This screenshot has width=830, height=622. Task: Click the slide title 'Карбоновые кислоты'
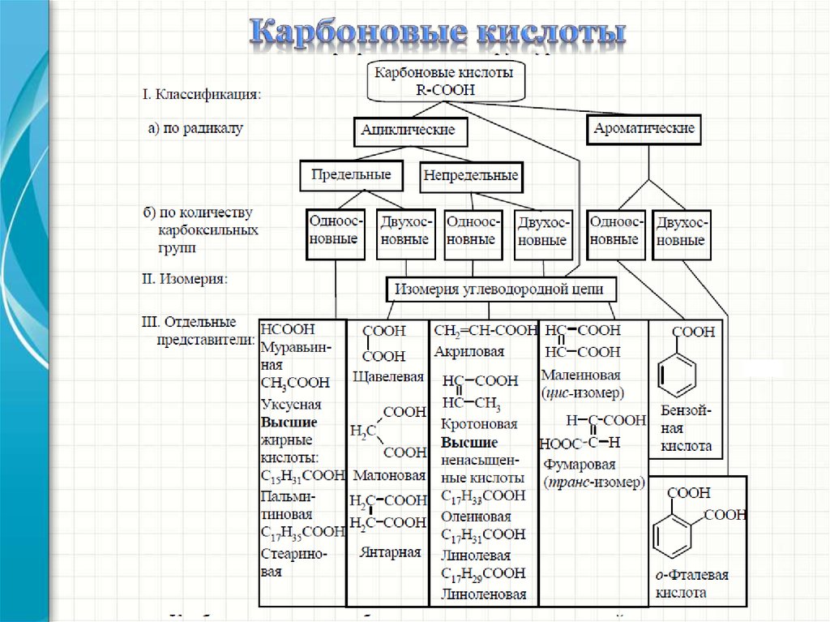437,33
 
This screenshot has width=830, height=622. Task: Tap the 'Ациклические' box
408,130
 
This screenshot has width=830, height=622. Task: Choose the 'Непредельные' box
470,175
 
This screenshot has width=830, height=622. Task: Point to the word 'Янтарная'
390,552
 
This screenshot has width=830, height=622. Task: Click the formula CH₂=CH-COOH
485,331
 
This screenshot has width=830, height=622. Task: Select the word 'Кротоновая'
480,424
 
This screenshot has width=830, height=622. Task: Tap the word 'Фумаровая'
580,465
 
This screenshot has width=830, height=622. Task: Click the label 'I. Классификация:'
202,95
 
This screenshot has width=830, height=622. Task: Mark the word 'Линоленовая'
484,594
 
